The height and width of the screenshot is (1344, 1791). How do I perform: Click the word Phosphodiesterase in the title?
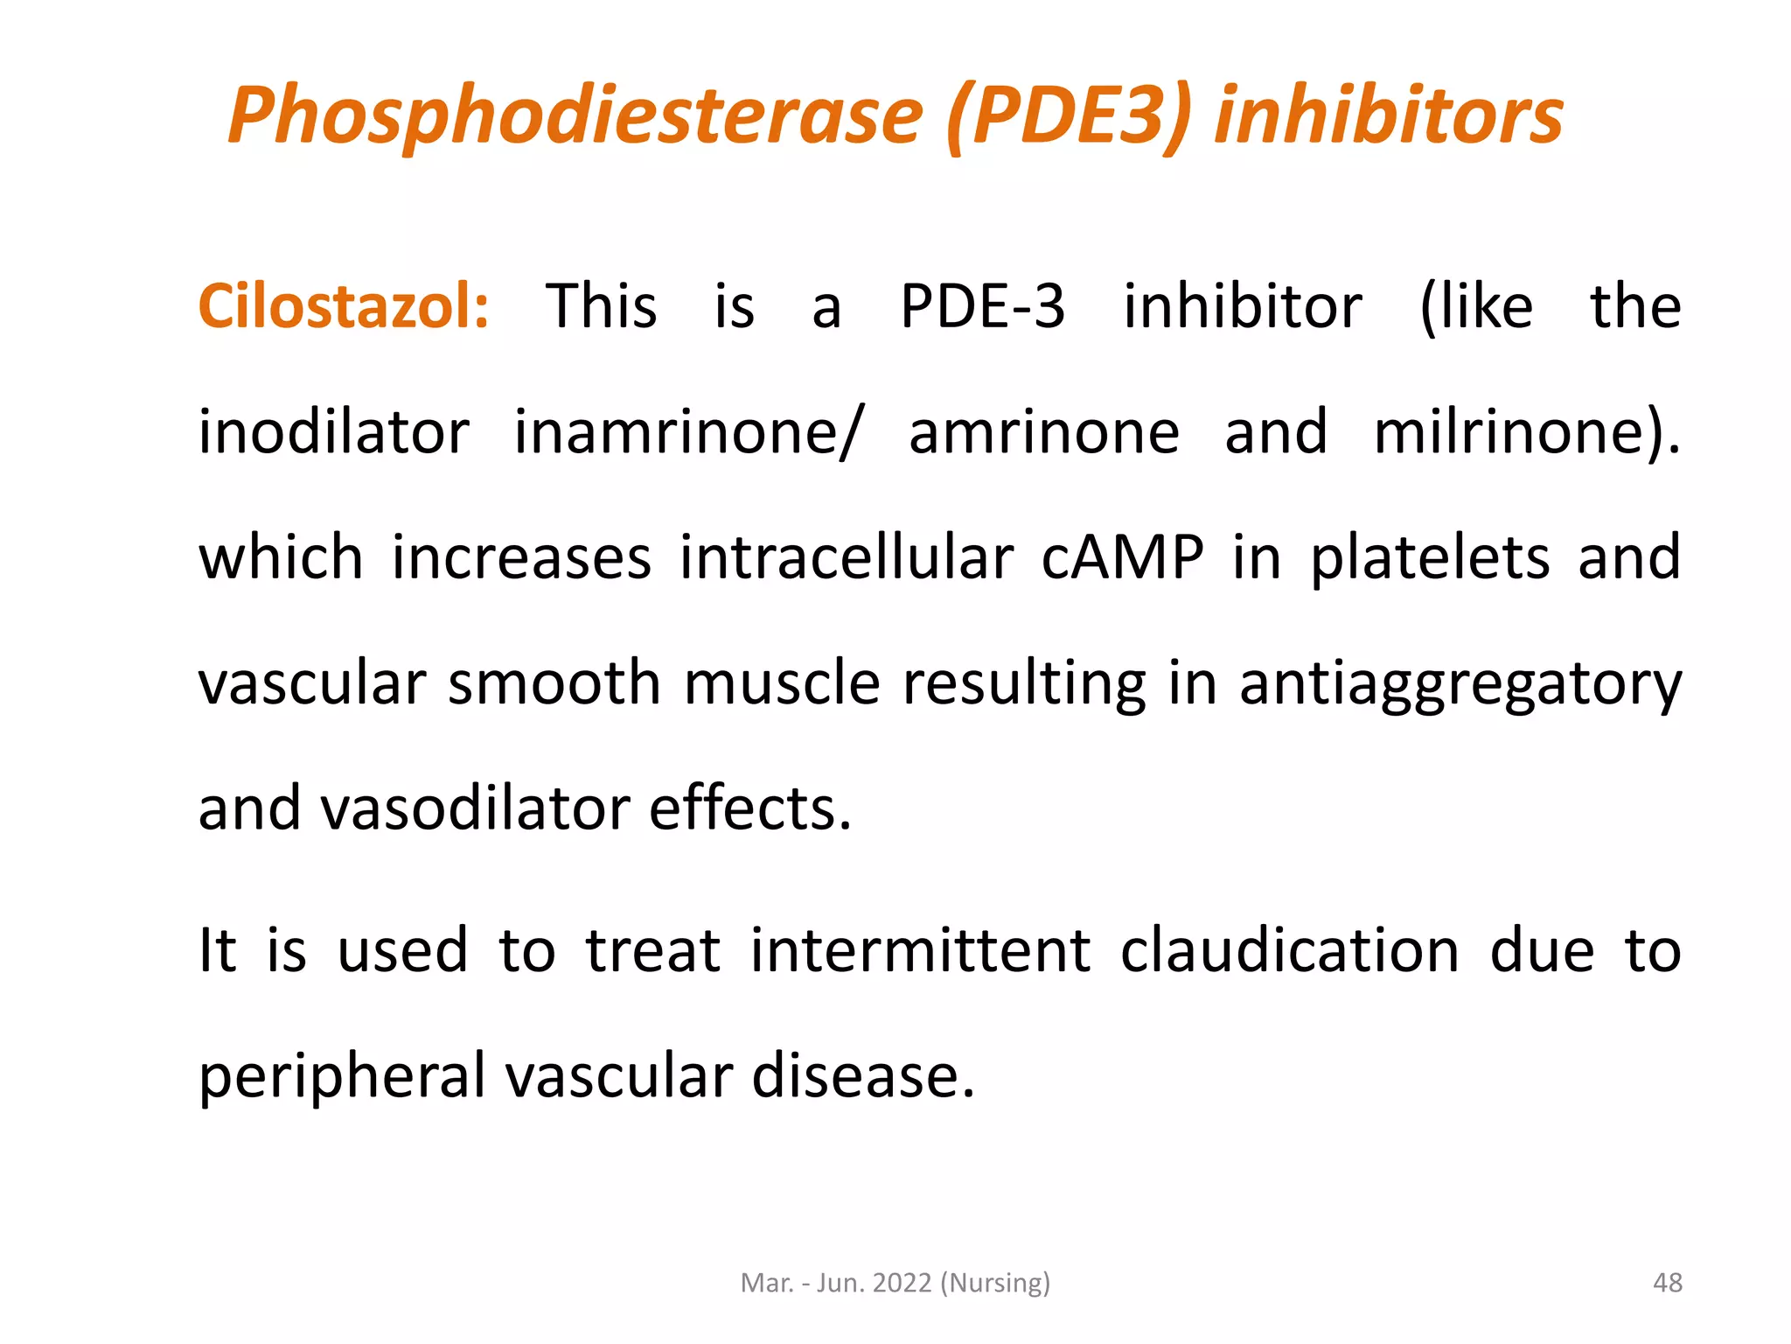tap(575, 116)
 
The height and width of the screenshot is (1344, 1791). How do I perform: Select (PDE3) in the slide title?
tap(1069, 116)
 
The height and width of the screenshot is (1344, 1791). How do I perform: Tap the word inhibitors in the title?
tap(1388, 116)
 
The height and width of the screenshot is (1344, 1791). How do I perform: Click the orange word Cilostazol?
tap(343, 307)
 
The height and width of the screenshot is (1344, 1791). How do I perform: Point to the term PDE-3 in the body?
tap(982, 307)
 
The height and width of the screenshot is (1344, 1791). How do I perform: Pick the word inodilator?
tap(334, 432)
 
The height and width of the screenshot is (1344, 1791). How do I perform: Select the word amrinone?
tap(1044, 432)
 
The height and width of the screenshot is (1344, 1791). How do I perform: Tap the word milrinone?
tap(1517, 432)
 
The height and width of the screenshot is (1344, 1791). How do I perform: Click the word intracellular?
tap(847, 557)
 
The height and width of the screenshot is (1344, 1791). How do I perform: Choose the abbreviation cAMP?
tap(1122, 557)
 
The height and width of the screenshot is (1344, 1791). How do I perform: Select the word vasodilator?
tap(476, 808)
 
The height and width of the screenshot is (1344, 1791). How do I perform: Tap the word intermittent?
tap(920, 950)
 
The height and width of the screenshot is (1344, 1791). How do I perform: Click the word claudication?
tap(1290, 950)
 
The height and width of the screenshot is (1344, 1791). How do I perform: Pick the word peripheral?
tap(342, 1077)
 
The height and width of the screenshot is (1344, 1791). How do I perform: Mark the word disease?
tap(862, 1075)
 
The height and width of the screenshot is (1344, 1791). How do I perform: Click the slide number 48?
tap(1668, 1283)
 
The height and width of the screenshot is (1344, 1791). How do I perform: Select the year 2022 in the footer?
tap(902, 1283)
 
